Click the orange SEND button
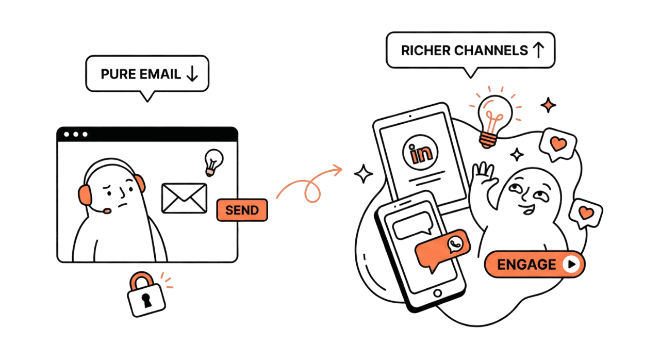(242, 210)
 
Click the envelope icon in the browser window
(184, 198)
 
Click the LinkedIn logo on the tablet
(421, 153)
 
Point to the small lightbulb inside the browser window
(213, 161)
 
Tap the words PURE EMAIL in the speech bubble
(141, 74)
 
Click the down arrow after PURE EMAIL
(192, 74)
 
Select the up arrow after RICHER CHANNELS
(538, 50)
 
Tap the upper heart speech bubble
(558, 144)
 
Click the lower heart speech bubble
(586, 212)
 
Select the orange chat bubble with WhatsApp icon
(442, 249)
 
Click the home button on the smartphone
(437, 293)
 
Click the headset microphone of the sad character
(107, 210)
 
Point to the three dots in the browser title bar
(75, 135)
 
